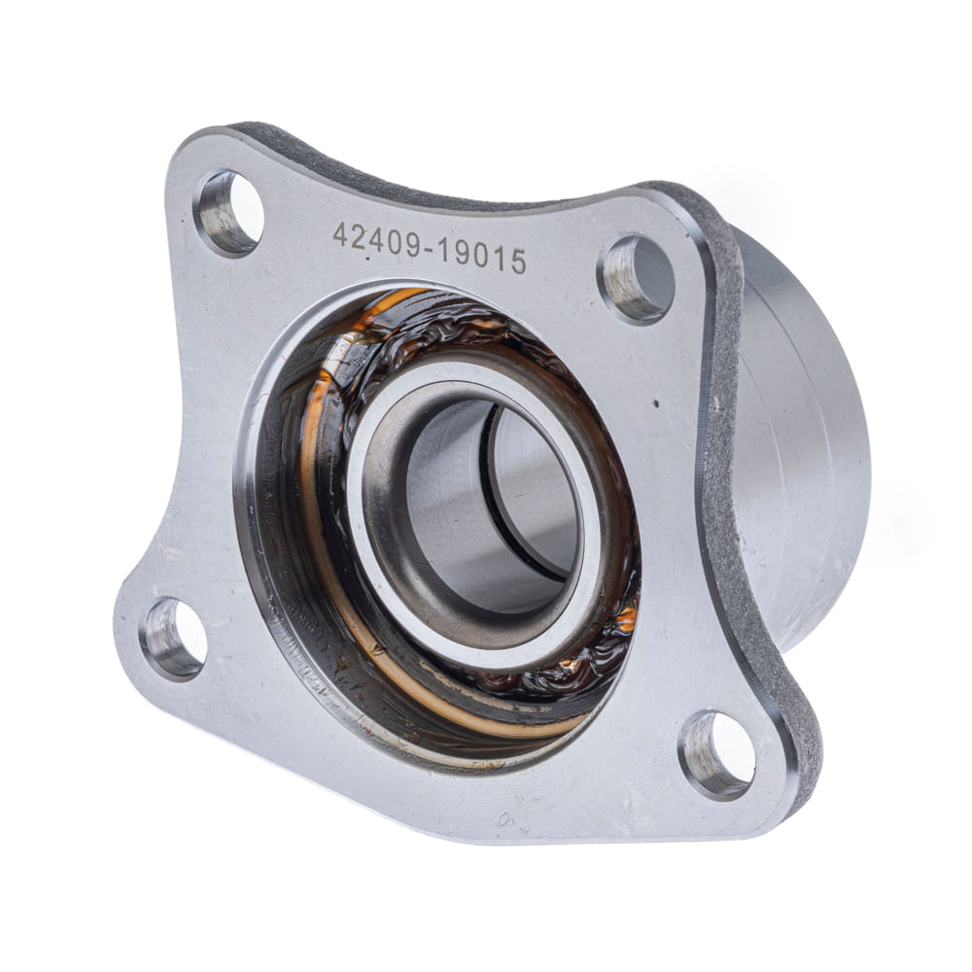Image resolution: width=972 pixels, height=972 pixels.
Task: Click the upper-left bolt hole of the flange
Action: (x=228, y=214)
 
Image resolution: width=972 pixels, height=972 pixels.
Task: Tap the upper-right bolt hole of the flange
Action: (x=636, y=279)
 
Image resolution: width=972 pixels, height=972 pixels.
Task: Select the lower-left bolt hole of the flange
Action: (x=173, y=638)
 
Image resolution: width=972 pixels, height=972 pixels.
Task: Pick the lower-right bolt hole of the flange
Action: (x=716, y=755)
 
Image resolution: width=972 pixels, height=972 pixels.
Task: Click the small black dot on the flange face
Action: (x=656, y=403)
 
